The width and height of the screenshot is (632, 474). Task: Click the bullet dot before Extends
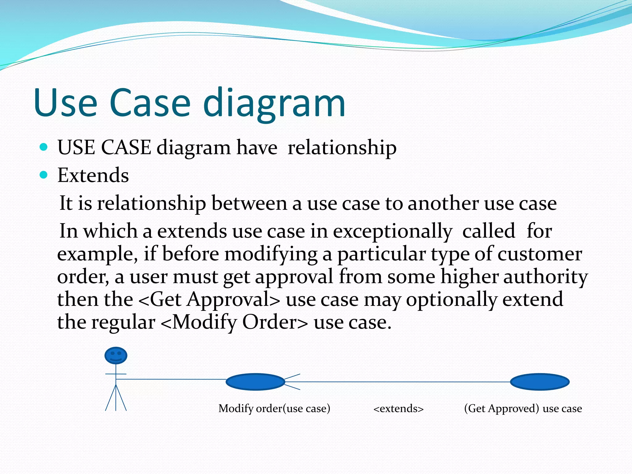(x=44, y=175)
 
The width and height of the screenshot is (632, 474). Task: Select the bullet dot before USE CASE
(x=44, y=147)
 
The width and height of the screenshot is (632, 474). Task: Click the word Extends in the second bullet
(x=93, y=175)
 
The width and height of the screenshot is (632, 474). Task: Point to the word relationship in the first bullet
(x=342, y=148)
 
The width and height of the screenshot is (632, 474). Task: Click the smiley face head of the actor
(x=116, y=355)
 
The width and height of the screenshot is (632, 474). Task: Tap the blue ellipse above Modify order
(x=255, y=382)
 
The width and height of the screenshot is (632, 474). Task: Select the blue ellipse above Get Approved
(x=539, y=382)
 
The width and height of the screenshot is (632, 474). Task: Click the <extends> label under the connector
(x=398, y=409)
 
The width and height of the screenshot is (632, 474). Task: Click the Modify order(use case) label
(x=274, y=409)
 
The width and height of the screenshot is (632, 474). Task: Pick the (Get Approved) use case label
(x=523, y=409)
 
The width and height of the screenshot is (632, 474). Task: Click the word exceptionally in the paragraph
(x=393, y=231)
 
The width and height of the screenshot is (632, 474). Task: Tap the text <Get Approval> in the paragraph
(x=209, y=299)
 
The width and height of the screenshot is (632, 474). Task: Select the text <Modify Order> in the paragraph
(x=234, y=322)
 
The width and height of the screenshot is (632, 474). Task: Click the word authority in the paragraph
(x=545, y=276)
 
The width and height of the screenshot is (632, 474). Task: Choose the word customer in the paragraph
(x=539, y=254)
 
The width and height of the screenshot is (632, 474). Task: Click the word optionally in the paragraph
(x=451, y=299)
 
